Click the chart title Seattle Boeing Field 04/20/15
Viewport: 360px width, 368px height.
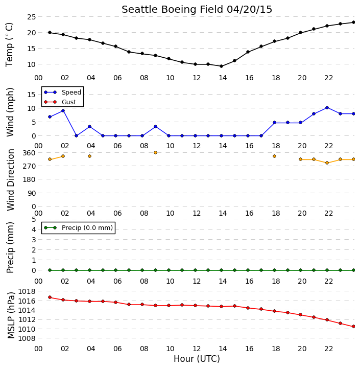pyautogui.click(x=197, y=10)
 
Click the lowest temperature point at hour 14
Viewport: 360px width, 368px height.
pyautogui.click(x=221, y=66)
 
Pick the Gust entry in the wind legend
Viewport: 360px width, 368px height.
pyautogui.click(x=60, y=102)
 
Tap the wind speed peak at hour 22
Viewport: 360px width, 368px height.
pyautogui.click(x=327, y=107)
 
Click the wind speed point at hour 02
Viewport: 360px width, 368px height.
pyautogui.click(x=63, y=110)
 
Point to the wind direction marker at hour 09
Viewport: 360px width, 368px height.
pyautogui.click(x=155, y=152)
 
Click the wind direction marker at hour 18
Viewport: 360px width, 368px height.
pyautogui.click(x=274, y=156)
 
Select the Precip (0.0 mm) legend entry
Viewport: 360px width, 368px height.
pyautogui.click(x=78, y=227)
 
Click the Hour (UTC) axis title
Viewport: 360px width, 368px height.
pyautogui.click(x=197, y=359)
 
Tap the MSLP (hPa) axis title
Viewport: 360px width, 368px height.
pyautogui.click(x=11, y=315)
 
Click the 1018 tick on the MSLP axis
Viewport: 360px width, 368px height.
pyautogui.click(x=27, y=291)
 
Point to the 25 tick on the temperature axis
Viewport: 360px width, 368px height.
pyautogui.click(x=31, y=17)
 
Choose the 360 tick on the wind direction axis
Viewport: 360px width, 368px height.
pyautogui.click(x=29, y=153)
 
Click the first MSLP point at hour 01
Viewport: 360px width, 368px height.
pyautogui.click(x=50, y=297)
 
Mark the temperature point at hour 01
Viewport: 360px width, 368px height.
pyautogui.click(x=50, y=32)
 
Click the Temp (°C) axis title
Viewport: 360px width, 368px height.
pyautogui.click(x=9, y=44)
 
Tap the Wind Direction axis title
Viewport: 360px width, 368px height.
pyautogui.click(x=11, y=180)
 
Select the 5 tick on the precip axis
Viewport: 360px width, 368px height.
pyautogui.click(x=34, y=219)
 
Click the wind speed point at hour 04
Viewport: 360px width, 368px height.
pyautogui.click(x=89, y=127)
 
